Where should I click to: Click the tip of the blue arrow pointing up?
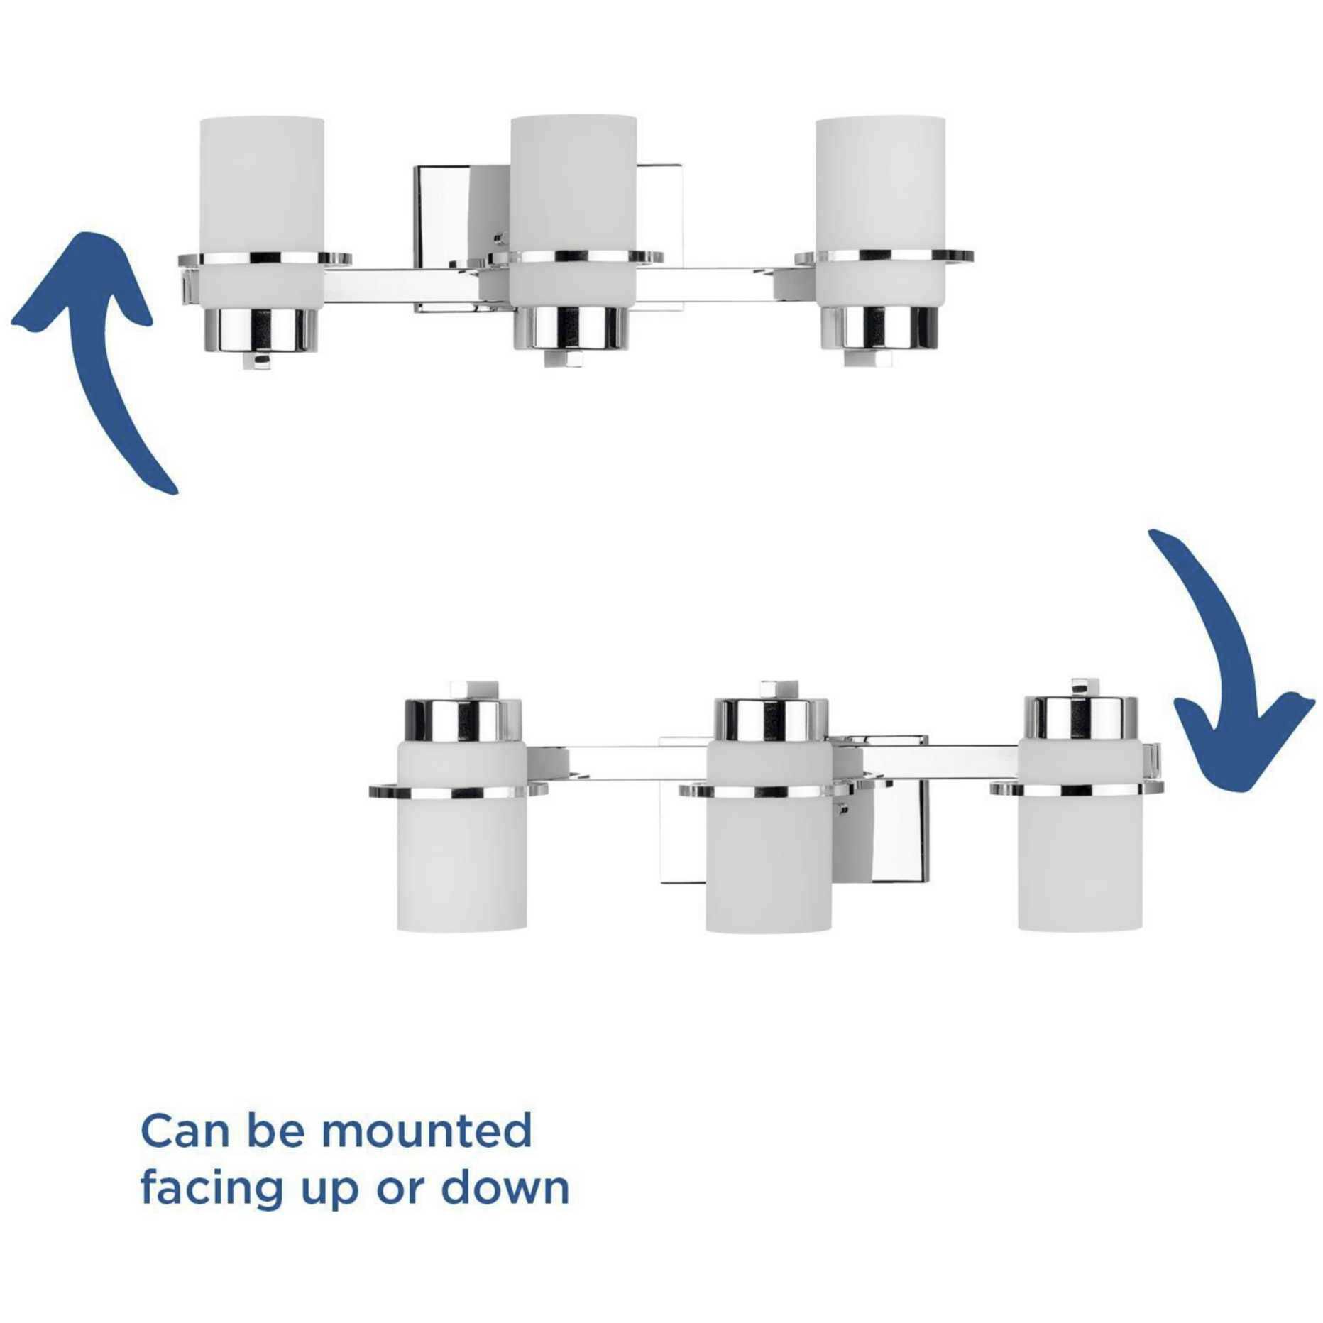tap(85, 234)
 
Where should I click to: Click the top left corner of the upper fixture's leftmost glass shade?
tap(201, 119)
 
